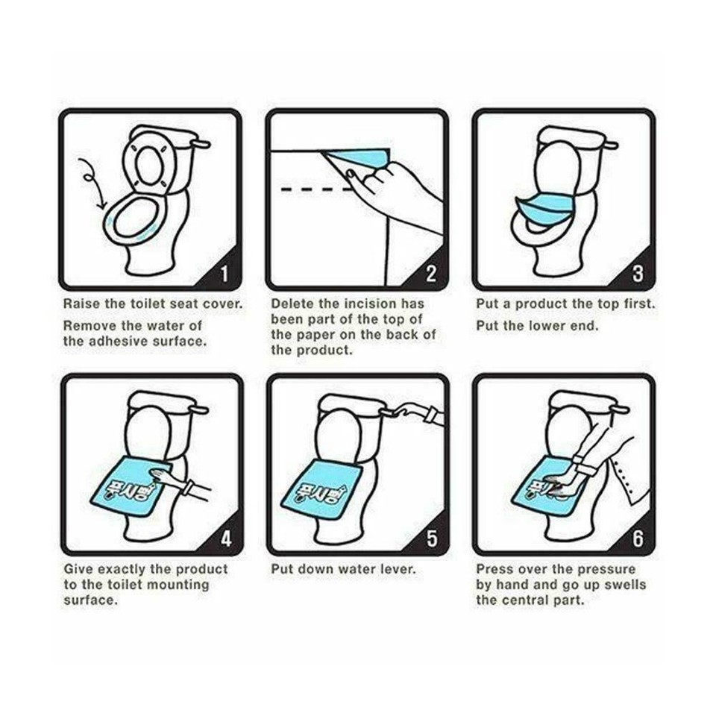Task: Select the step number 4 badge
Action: tap(224, 538)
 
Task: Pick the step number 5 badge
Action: tap(431, 538)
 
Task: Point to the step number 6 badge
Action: tap(638, 538)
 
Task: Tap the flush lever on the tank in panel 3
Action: tap(610, 144)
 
